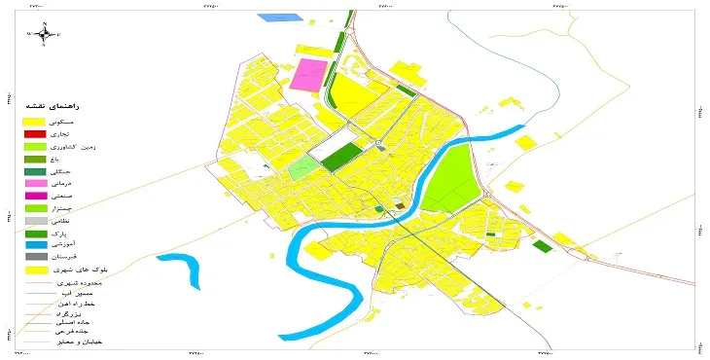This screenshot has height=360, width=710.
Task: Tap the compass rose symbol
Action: pyautogui.click(x=43, y=34)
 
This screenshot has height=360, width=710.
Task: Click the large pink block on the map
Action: pyautogui.click(x=310, y=75)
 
